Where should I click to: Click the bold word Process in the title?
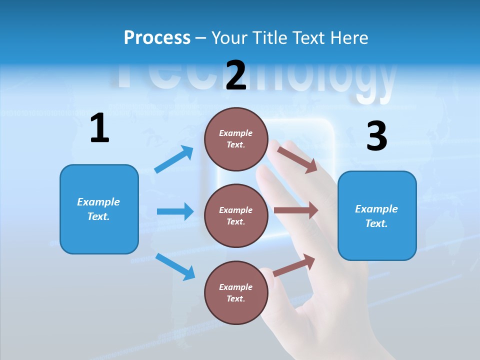[157, 37]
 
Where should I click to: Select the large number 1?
[99, 128]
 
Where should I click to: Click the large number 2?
[236, 75]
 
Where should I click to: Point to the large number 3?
[376, 136]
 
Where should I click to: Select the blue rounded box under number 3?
[377, 240]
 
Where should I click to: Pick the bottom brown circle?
[236, 310]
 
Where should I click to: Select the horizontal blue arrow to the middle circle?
[175, 211]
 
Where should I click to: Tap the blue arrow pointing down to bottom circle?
[175, 266]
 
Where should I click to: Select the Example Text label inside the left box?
[98, 209]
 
